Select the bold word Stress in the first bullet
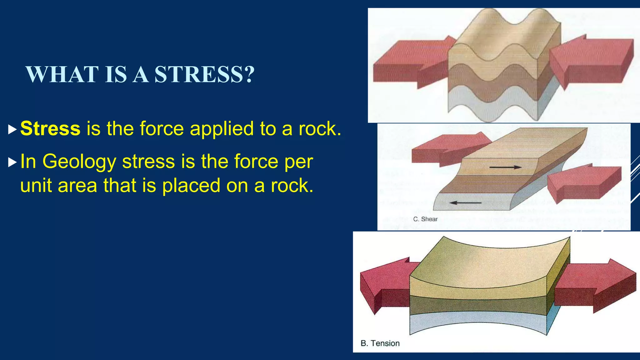[50, 128]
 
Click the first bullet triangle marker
[12, 129]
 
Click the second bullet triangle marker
[12, 162]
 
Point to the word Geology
[79, 162]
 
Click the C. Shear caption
[425, 219]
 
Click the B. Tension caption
[380, 343]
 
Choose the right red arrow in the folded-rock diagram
[591, 61]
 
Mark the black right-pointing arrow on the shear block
[505, 167]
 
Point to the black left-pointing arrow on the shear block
[465, 203]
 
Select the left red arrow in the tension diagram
[384, 284]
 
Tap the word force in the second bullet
[256, 162]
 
